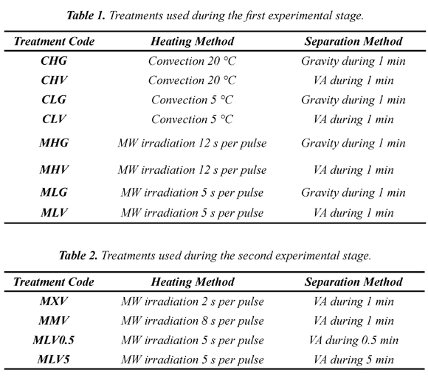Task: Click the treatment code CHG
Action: pos(54,60)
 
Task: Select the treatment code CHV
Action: pos(54,80)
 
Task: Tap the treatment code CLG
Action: pos(54,99)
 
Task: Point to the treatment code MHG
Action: pos(54,143)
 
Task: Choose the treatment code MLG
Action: pos(54,192)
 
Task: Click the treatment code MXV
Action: pos(54,301)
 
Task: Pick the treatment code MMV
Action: pos(54,321)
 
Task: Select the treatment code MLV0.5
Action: pos(53,340)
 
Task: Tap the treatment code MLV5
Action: pos(53,360)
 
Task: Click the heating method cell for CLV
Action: pos(192,119)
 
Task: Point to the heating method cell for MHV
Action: pos(192,169)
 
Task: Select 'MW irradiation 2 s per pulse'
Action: pos(193,301)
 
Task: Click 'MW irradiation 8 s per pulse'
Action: pos(193,321)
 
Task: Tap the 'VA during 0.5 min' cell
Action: pos(353,340)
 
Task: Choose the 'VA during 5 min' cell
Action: pos(353,360)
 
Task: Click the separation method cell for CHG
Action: pos(353,61)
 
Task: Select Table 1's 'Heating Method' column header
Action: pos(193,41)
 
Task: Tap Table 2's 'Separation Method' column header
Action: pos(353,281)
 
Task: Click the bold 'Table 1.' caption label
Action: pos(86,15)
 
